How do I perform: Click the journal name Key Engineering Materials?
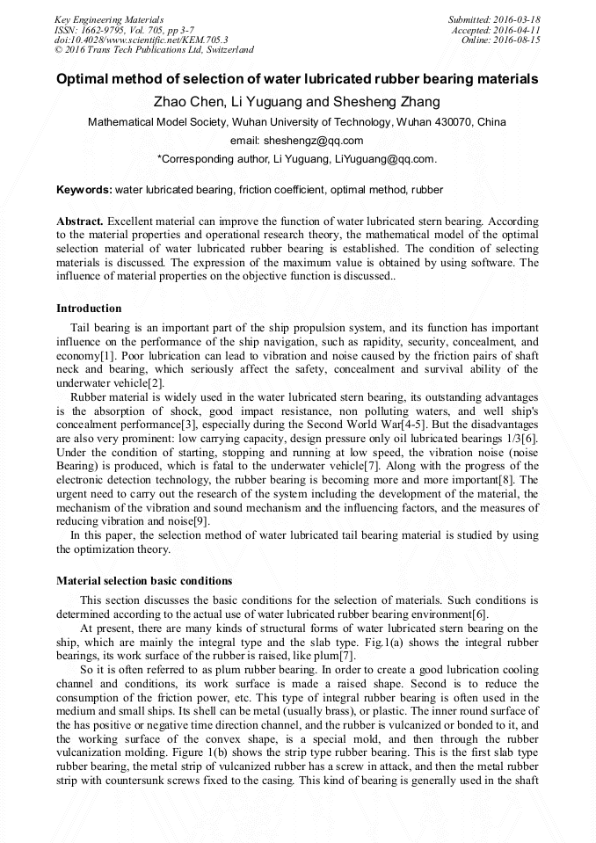[x=109, y=19]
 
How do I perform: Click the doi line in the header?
[x=141, y=40]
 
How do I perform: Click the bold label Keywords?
[x=84, y=189]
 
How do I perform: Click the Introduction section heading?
[x=89, y=309]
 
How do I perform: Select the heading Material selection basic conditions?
[x=144, y=581]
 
